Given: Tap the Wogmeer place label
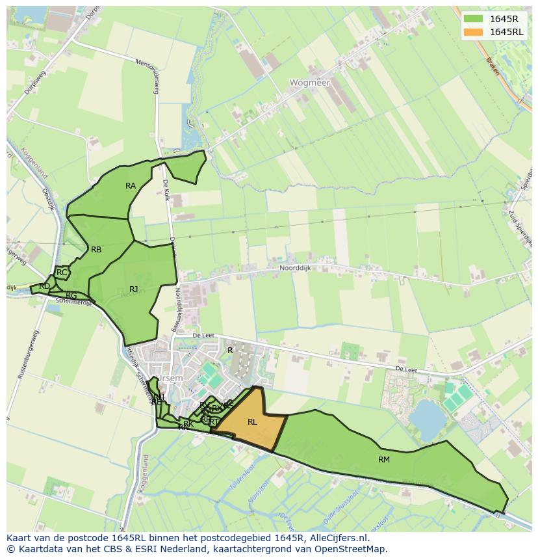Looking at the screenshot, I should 310,83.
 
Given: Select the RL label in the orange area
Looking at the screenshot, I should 252,422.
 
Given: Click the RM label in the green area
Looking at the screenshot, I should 384,460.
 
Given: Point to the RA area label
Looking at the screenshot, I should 131,186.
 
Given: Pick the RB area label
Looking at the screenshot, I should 96,250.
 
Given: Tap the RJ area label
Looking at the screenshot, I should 133,289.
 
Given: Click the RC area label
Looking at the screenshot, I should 62,273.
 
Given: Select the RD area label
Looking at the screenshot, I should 44,286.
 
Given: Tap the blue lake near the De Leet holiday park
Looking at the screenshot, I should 426,418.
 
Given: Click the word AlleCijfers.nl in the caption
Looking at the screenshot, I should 337,538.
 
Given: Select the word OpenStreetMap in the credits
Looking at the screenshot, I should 353,549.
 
